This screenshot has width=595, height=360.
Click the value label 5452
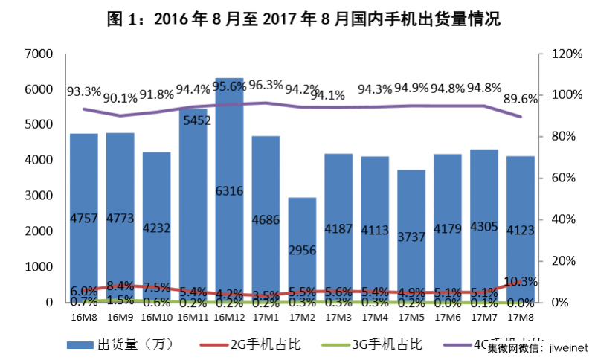click(193, 119)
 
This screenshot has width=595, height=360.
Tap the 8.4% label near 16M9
click(120, 286)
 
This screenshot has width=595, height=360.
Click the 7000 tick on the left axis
click(38, 54)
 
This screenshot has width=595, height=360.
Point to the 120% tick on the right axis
click(567, 54)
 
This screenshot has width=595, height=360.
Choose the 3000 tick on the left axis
click(38, 196)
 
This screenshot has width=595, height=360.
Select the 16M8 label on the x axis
click(84, 316)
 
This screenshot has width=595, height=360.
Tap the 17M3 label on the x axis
click(338, 316)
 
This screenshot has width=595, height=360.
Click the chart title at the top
click(298, 19)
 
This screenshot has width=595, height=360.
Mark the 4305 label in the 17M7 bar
click(483, 229)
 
